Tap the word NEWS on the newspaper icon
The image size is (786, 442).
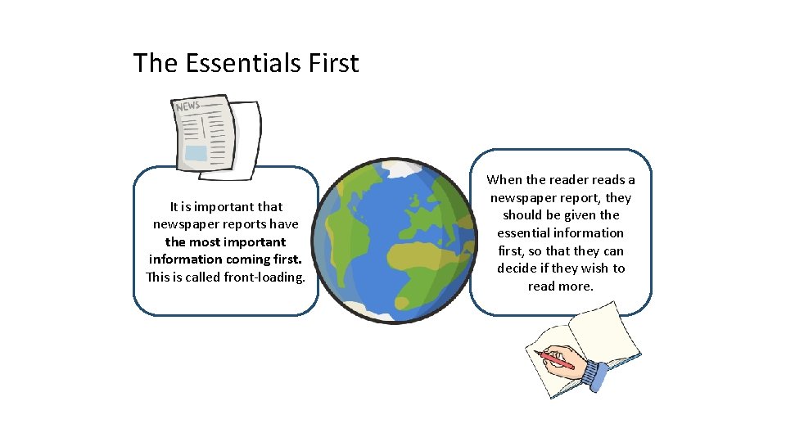coord(187,107)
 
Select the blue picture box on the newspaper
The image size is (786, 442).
coord(196,153)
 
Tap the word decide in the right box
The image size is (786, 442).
coord(517,268)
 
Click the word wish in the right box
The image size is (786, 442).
coord(595,268)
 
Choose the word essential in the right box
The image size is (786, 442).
coord(525,233)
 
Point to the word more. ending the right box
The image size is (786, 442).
coord(576,286)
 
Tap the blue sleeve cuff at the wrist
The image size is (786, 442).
coord(595,377)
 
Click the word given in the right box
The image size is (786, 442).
coord(582,215)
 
